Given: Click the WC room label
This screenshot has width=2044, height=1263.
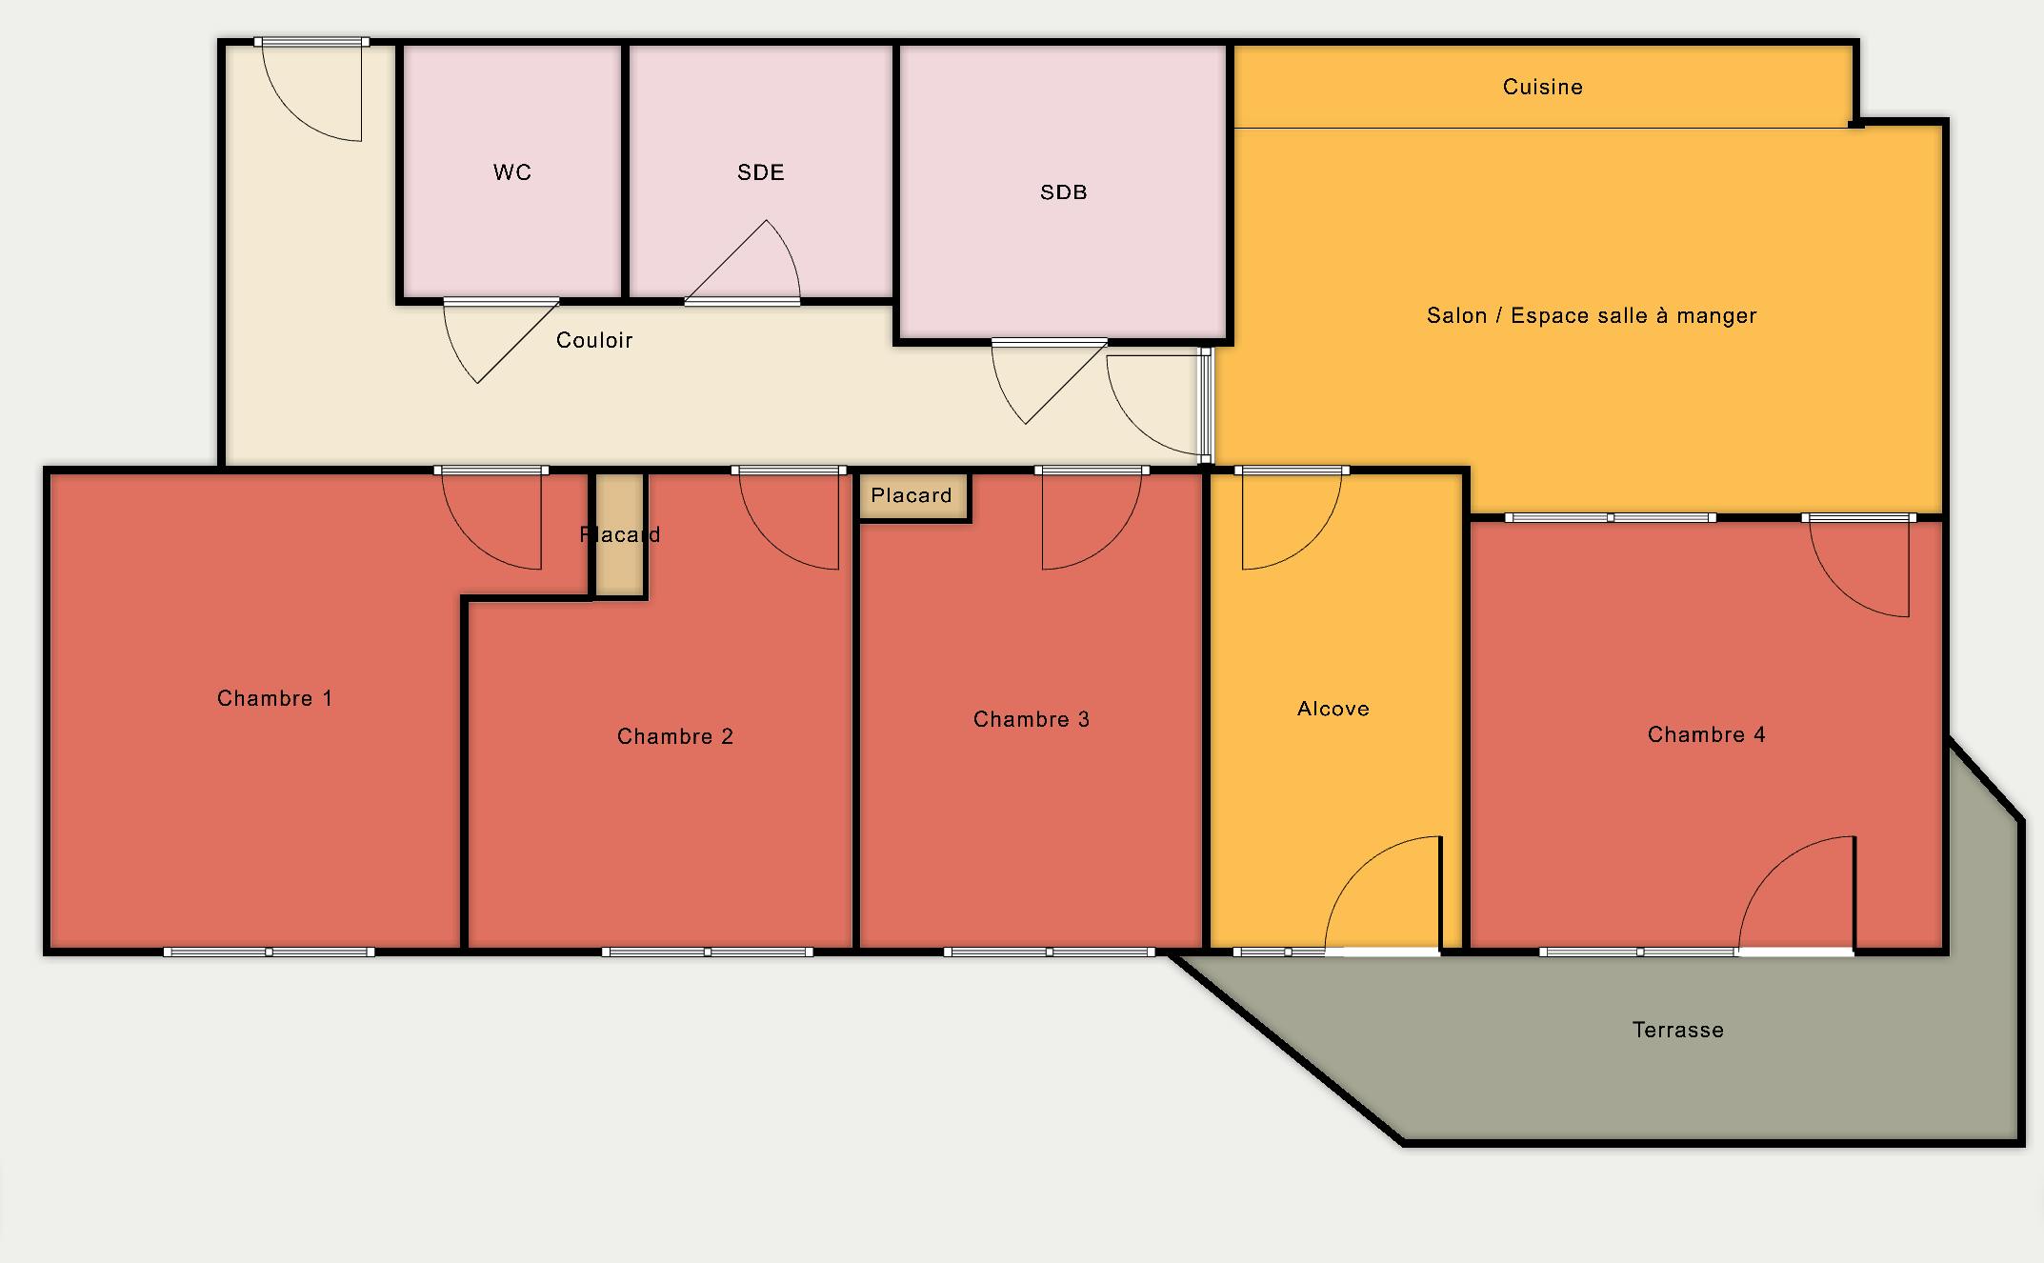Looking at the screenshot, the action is point(511,172).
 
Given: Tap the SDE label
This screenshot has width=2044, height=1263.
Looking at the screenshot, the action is point(760,172).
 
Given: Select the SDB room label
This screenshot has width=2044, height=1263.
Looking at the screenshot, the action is point(1063,192).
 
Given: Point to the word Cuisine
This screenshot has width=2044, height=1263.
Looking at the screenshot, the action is point(1542,87).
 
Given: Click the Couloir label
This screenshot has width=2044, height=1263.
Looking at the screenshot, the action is point(594,340).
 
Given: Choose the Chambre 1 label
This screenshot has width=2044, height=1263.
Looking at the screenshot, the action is point(274,698).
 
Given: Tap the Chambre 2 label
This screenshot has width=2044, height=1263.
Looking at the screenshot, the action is point(674,736).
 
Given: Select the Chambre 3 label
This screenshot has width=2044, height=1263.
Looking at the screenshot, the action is point(1031,719).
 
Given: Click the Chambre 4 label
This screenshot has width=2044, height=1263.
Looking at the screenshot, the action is point(1706,734).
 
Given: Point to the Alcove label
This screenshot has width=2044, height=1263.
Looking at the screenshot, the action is point(1333,709).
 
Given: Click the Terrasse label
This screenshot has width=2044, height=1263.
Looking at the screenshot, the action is point(1677,1030).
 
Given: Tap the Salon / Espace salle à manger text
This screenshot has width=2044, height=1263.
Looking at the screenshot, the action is point(1591,315).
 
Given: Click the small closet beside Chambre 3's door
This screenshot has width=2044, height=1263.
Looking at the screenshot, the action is point(913,496).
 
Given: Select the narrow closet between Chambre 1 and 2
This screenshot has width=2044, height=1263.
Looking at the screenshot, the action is point(620,535).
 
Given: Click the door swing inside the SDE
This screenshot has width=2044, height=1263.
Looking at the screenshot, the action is point(743,262).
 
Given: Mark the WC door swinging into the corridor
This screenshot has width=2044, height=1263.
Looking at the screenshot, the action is point(500,341).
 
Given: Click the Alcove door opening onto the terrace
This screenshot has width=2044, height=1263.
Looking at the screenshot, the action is point(1382,893).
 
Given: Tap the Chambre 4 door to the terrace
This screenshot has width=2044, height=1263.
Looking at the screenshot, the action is point(1796,893).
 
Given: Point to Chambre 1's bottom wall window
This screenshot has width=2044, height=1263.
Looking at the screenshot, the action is point(269,952).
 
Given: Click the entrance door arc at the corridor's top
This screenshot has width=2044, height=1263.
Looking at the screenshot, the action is point(311,90).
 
